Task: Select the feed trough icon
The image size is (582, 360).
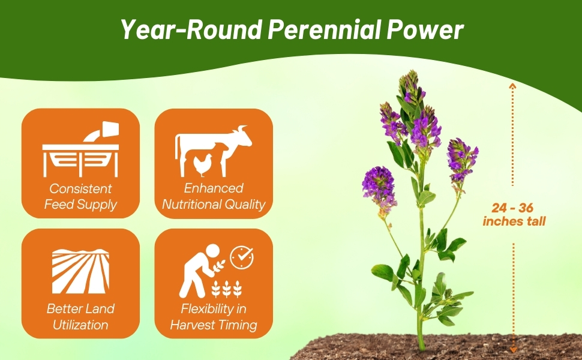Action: point(80,149)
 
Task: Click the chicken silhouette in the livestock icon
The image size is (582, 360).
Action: point(203,165)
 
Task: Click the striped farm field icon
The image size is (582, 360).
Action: point(80,271)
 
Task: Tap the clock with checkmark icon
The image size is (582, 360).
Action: point(242,257)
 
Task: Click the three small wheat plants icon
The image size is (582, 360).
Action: point(227,289)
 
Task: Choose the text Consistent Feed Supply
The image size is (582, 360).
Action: point(80,196)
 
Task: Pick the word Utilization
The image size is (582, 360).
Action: point(80,325)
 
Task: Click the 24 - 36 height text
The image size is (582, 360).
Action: point(512,208)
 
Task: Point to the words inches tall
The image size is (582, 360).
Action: point(514,221)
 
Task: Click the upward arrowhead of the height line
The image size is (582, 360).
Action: point(512,86)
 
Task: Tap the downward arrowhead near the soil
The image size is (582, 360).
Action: point(514,350)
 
